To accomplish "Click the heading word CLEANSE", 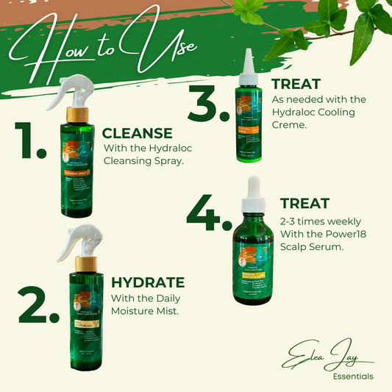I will click(x=137, y=134).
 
